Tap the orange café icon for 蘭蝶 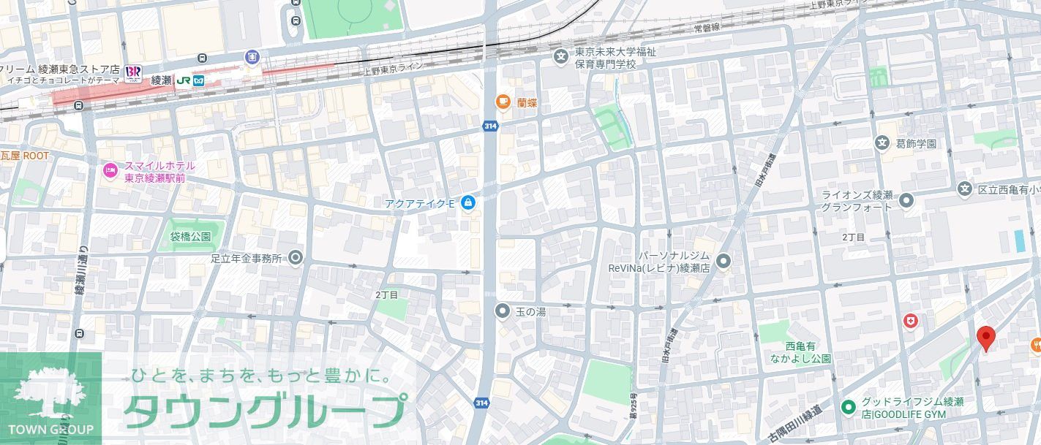tap(503, 102)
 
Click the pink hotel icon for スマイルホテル tap(110, 171)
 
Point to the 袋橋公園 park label tap(190, 237)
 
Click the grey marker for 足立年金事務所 tap(296, 258)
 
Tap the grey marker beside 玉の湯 tap(503, 311)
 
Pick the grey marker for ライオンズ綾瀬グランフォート tap(906, 199)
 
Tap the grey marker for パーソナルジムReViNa tap(724, 261)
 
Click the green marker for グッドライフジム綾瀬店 tap(849, 407)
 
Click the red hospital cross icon tap(910, 321)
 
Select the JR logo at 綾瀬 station tap(183, 80)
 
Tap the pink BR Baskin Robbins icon tap(133, 72)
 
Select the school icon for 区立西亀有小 tap(965, 189)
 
